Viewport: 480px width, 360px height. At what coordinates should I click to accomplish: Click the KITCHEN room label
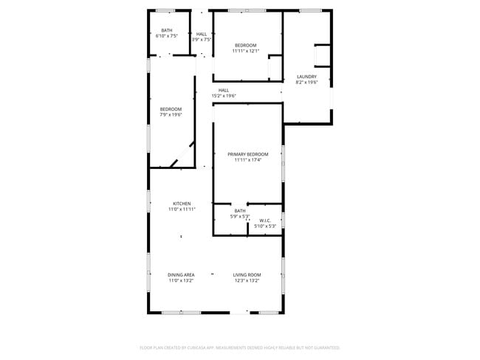[182, 204]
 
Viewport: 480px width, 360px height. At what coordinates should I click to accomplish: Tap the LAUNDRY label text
[306, 77]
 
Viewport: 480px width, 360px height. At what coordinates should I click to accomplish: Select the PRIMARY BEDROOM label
[247, 154]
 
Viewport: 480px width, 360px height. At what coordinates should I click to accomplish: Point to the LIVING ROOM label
[247, 274]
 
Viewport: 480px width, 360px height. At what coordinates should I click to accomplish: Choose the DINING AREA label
[181, 274]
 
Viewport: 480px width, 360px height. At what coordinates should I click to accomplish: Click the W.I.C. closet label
[265, 221]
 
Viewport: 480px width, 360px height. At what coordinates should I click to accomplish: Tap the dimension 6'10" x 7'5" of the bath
[166, 35]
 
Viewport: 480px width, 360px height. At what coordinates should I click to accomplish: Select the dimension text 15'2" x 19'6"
[224, 96]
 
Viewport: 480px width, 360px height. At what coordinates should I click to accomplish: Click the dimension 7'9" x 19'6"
[171, 115]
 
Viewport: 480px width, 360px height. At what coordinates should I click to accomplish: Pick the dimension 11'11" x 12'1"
[247, 51]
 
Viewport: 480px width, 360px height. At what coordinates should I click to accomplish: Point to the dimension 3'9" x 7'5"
[202, 40]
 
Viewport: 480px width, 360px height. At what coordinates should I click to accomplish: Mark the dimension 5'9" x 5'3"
[240, 217]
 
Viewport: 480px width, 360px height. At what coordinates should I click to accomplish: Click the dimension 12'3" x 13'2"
[247, 280]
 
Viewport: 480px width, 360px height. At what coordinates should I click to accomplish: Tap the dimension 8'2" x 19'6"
[306, 83]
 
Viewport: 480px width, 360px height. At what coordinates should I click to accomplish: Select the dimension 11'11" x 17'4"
[247, 160]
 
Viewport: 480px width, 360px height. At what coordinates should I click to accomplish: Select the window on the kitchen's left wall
[149, 201]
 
